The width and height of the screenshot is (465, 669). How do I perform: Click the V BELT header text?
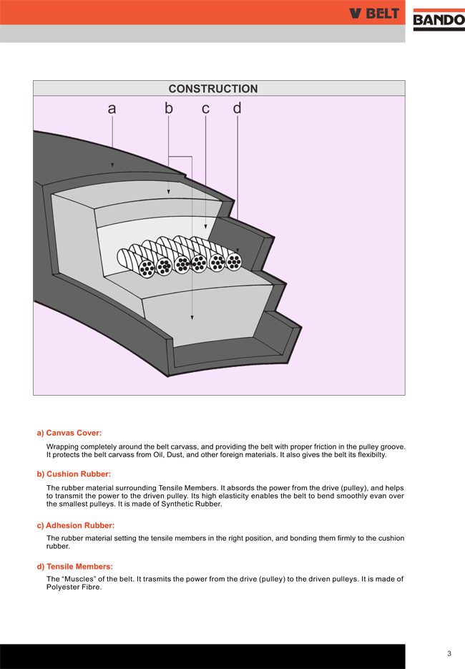tap(374, 14)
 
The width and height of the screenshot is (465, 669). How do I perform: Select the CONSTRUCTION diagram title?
tap(213, 89)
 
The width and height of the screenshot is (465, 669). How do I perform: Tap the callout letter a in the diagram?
tap(112, 109)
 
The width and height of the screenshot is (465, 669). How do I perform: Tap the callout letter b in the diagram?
tap(169, 109)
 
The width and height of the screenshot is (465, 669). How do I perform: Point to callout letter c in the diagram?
tap(205, 109)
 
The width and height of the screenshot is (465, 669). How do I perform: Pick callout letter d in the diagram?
tap(237, 108)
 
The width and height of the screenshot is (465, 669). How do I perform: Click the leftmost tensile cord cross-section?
tap(147, 268)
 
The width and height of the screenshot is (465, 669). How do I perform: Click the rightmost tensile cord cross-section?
tap(233, 262)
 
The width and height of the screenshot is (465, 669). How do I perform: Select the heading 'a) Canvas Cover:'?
tap(69, 433)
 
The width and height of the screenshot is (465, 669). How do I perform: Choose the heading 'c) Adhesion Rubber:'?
tap(75, 526)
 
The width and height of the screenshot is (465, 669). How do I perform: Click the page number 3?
tap(449, 653)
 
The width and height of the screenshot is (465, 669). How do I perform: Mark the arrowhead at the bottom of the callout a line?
tap(112, 165)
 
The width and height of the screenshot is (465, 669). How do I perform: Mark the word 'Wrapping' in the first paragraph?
tap(63, 446)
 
